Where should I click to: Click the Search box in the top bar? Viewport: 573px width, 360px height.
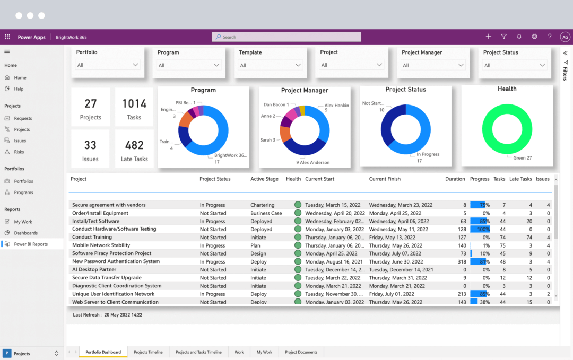coord(286,37)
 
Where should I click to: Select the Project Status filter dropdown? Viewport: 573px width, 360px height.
coord(515,65)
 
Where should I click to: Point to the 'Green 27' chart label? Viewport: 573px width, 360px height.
coord(523,157)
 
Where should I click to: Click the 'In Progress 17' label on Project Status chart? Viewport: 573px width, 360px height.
coord(428,157)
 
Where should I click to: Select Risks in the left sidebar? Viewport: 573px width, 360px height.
coord(19,152)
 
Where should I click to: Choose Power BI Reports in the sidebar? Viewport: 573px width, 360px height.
coord(31,244)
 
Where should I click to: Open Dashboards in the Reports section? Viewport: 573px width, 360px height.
coord(25,233)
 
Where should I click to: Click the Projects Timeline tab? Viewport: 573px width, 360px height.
coord(148,352)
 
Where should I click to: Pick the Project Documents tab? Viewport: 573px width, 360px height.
coord(301,352)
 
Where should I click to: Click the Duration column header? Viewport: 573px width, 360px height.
coord(455,179)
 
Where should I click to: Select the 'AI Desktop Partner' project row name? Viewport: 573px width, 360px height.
coord(94,270)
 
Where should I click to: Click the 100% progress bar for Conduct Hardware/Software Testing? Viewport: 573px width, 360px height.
coord(480,230)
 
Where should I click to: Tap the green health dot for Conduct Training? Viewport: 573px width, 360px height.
coord(298,238)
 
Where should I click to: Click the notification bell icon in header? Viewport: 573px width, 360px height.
coord(519,37)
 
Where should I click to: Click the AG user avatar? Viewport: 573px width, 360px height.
coord(565,37)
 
